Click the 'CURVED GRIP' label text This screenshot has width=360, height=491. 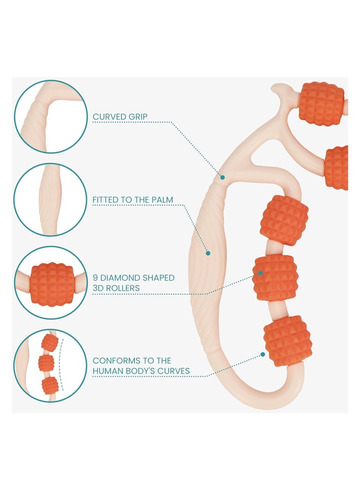(120, 117)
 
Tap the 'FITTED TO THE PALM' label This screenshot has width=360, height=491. (133, 199)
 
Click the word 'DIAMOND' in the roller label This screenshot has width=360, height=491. (123, 278)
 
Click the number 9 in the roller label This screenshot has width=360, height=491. (95, 278)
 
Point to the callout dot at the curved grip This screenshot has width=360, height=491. (222, 177)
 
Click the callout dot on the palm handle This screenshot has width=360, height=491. (208, 253)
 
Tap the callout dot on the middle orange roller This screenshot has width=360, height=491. (261, 272)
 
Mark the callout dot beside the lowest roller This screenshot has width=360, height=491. (262, 354)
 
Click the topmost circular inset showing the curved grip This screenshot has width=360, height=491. (50, 116)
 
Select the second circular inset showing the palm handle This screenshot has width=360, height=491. (50, 199)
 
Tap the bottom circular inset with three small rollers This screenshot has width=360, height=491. (50, 365)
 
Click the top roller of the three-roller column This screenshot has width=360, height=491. (284, 220)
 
